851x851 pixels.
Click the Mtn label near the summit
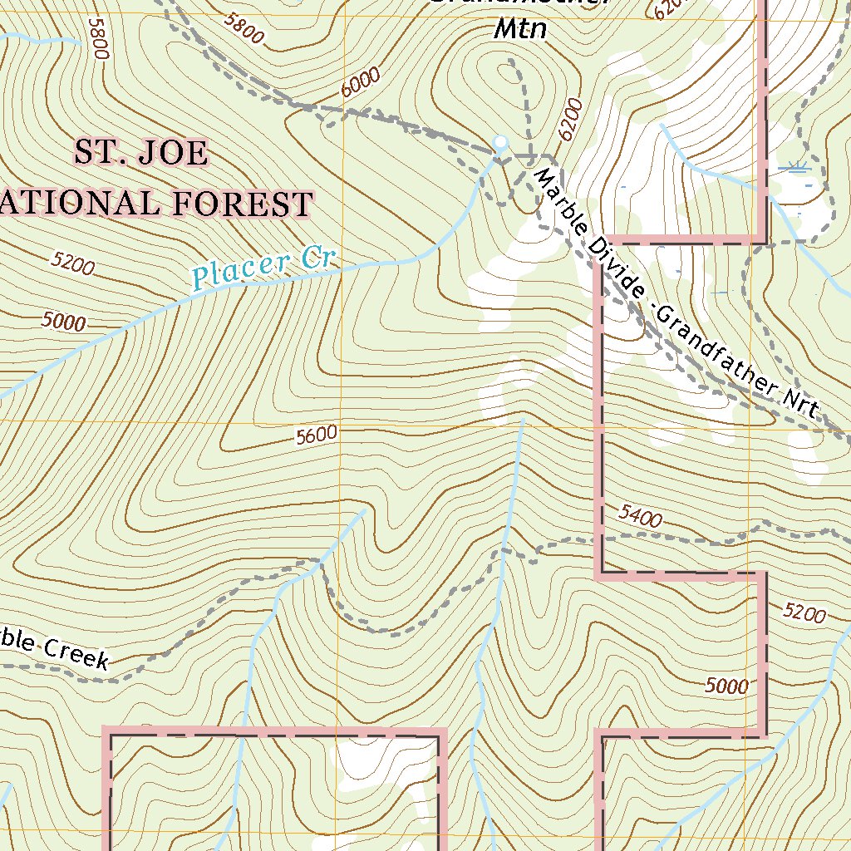pos(520,30)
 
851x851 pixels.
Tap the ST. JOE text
pos(140,153)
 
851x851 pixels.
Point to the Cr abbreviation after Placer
pos(317,258)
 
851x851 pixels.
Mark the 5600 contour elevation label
pos(316,434)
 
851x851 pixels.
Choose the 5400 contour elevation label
pos(640,518)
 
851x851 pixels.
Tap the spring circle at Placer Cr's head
pos(499,143)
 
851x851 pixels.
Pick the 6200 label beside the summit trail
pos(569,123)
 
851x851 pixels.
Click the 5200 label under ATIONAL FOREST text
pos(72,265)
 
